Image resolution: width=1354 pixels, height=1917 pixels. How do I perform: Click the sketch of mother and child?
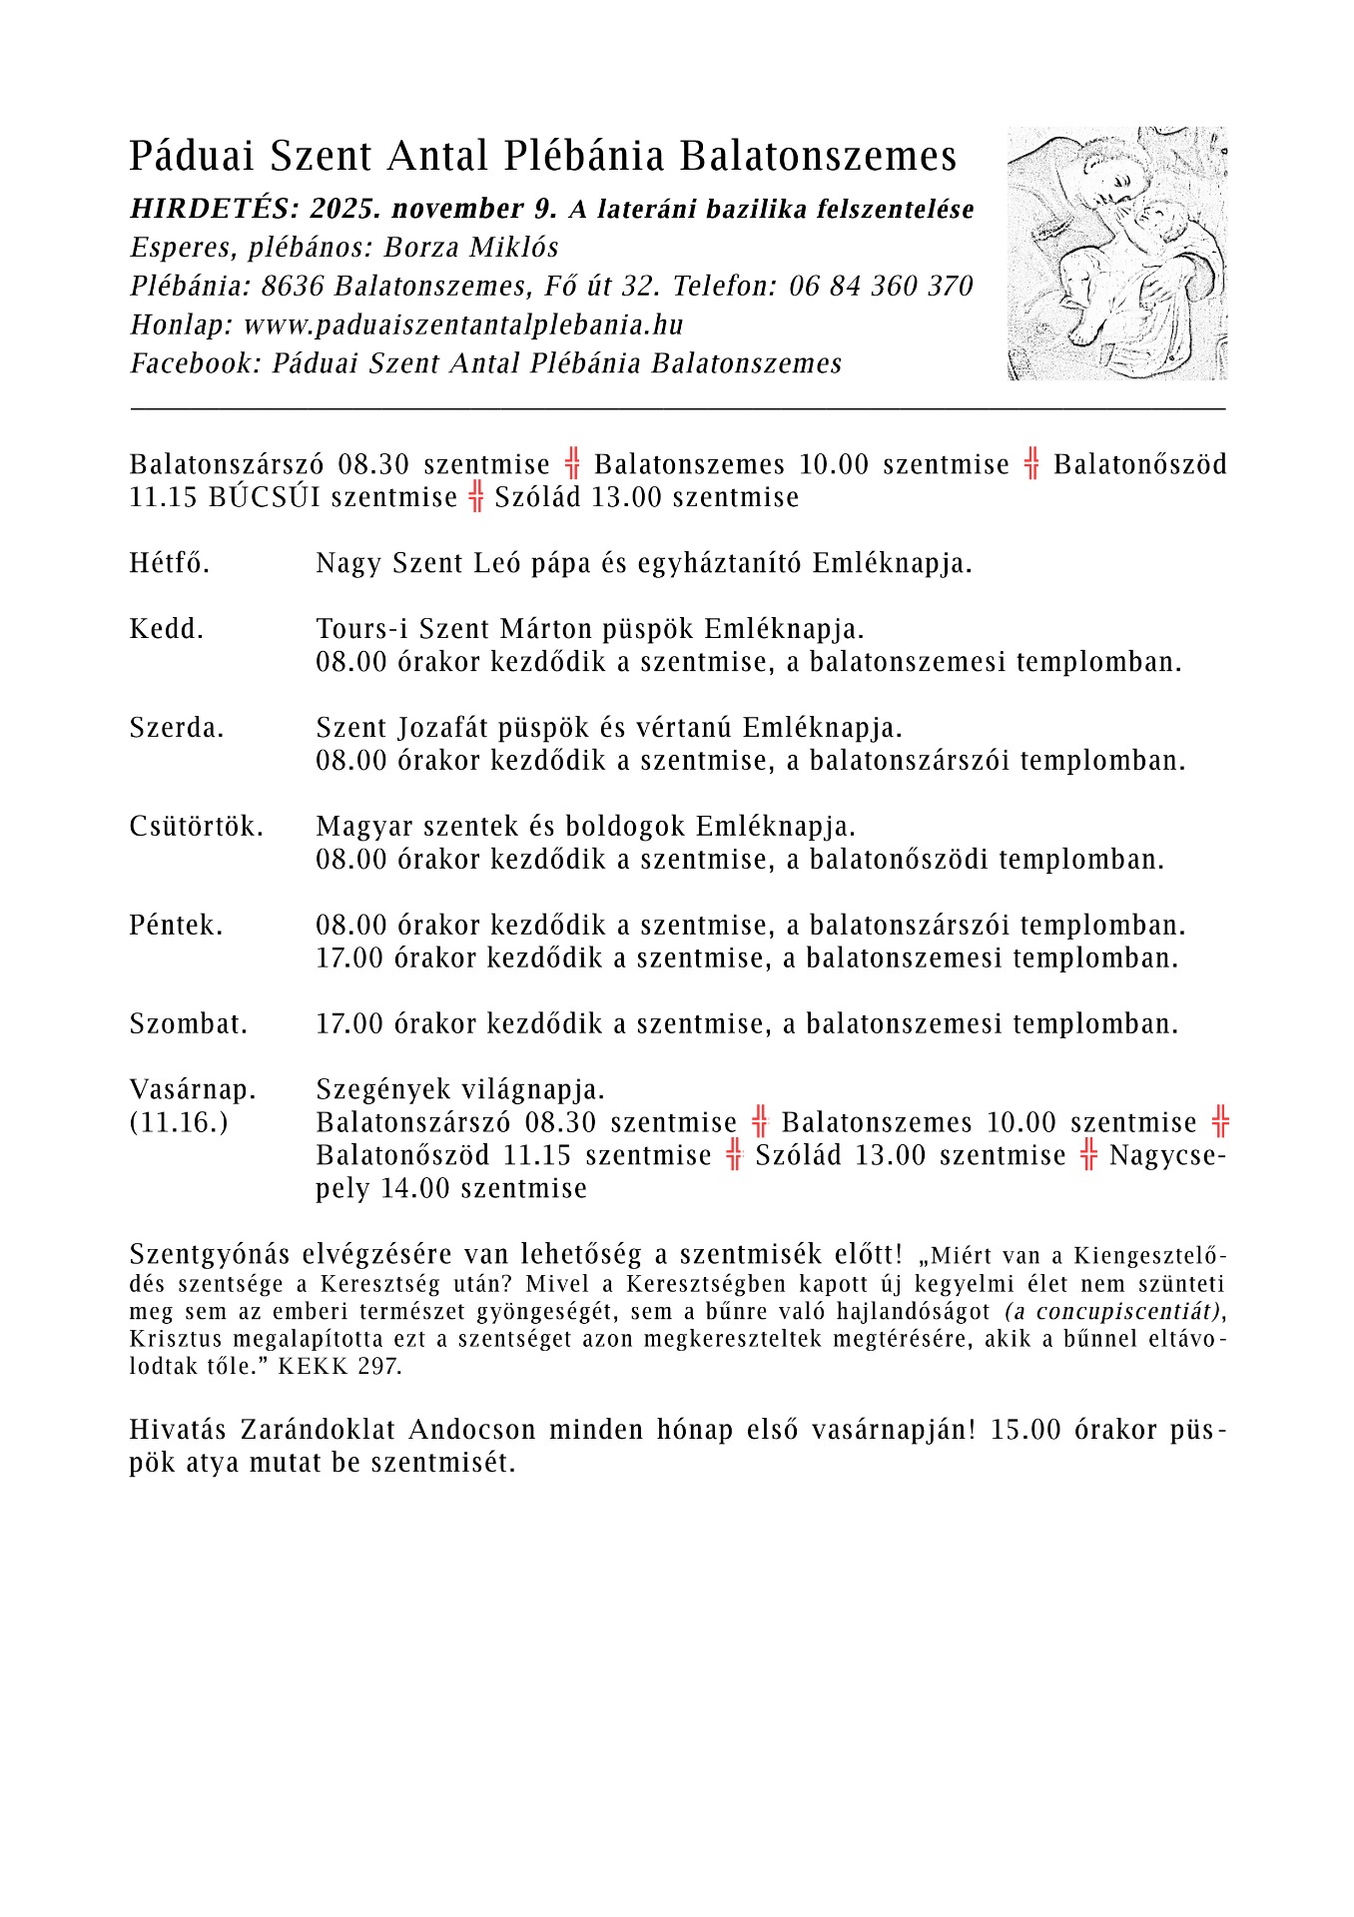1117,253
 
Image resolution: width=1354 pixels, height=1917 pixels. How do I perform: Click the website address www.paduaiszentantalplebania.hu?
463,325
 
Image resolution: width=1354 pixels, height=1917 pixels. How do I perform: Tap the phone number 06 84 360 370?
881,287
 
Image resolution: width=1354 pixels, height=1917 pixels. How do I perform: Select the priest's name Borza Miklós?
471,248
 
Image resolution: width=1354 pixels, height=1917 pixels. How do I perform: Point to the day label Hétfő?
170,564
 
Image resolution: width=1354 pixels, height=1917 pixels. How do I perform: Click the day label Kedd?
167,630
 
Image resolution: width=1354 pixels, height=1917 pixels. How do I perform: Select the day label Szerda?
177,729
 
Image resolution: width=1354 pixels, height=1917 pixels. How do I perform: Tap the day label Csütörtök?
196,827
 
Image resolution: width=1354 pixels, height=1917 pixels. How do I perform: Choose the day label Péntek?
176,926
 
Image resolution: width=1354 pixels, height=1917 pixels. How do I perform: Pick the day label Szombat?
188,1024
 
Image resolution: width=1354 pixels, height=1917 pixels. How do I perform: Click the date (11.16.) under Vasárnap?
179,1123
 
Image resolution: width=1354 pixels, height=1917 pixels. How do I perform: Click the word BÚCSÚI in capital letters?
265,497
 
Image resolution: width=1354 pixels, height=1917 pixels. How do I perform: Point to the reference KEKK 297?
340,1367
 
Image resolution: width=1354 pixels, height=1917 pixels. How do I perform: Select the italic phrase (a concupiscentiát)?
1112,1312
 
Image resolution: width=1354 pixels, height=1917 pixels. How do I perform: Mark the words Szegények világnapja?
460,1089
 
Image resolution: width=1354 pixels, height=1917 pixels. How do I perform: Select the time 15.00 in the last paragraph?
1024,1430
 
